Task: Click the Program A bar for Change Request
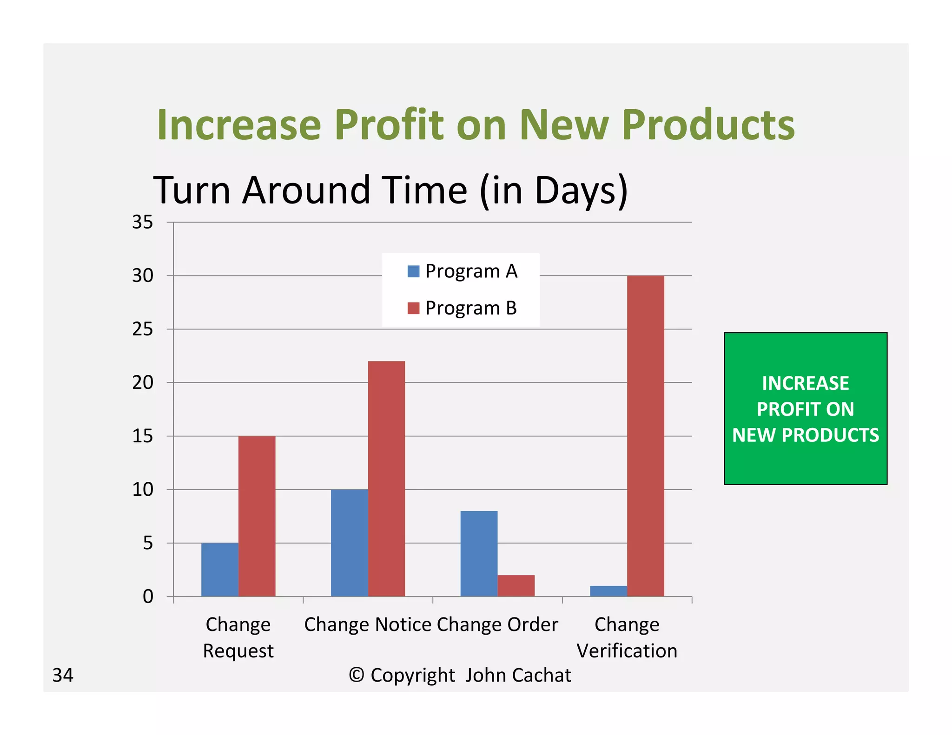tap(219, 569)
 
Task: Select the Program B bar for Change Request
tap(257, 516)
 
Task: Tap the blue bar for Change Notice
tap(349, 543)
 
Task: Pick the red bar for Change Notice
tap(386, 479)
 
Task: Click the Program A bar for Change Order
tap(479, 553)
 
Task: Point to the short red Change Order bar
tap(516, 585)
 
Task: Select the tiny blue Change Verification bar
tap(608, 591)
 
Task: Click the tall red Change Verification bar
tap(645, 436)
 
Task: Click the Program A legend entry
tap(462, 271)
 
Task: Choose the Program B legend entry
tap(462, 308)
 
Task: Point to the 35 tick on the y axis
tap(142, 222)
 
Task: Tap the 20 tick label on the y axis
tap(142, 382)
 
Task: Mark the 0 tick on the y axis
tap(147, 597)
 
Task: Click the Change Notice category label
tap(368, 624)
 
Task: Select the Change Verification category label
tap(627, 637)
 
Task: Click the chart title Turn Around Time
tap(390, 190)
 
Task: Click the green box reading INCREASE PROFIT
tap(805, 408)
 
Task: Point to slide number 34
tap(63, 675)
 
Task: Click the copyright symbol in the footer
tap(356, 675)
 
